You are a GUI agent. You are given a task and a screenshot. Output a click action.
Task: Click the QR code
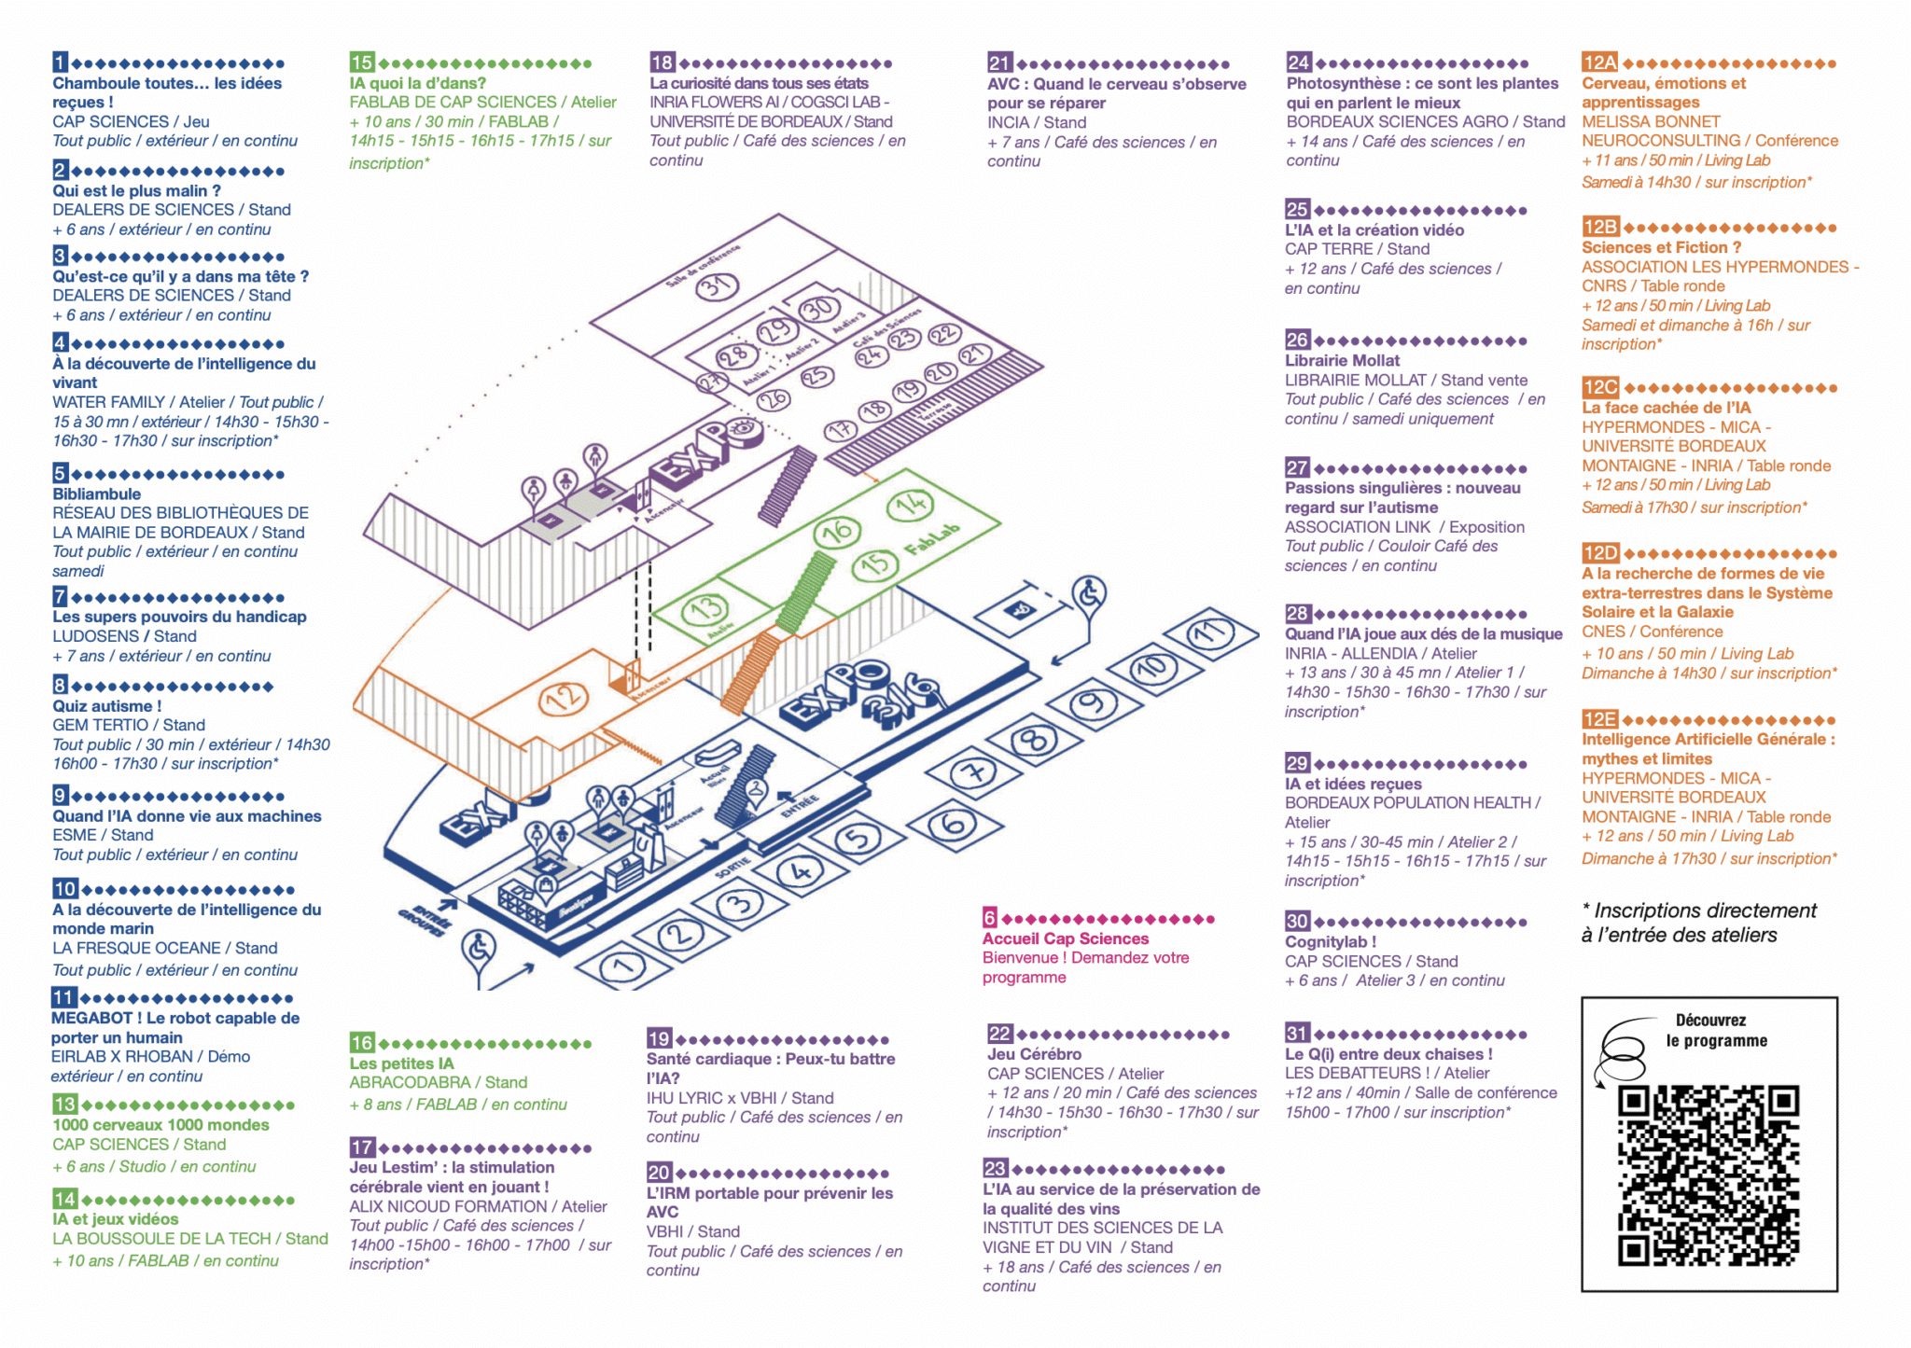(1708, 1174)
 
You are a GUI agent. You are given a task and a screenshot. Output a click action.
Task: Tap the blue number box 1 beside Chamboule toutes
(61, 63)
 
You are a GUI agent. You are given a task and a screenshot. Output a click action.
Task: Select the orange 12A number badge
(1599, 63)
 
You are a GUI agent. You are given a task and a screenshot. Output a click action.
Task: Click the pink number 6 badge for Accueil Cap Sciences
(989, 918)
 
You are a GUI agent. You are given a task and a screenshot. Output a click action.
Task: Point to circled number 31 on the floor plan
(718, 285)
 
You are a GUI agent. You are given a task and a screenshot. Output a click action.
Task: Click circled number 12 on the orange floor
(563, 698)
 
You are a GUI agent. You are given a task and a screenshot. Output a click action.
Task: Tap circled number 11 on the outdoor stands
(1210, 633)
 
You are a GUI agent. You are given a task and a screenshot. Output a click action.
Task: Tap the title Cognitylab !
(1330, 941)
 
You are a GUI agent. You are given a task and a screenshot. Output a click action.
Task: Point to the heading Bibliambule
(96, 493)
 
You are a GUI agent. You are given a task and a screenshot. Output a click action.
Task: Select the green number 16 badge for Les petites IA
(362, 1042)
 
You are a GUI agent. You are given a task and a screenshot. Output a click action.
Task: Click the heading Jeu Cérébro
(1034, 1053)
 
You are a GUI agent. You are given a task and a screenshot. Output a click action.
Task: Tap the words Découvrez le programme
(1715, 1030)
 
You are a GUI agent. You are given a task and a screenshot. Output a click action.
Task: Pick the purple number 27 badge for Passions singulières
(1297, 467)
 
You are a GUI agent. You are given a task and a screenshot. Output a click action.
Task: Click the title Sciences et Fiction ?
(1661, 247)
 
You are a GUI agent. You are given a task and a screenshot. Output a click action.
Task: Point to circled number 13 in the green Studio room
(704, 610)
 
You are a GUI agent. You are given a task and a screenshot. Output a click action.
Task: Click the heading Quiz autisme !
(106, 706)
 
